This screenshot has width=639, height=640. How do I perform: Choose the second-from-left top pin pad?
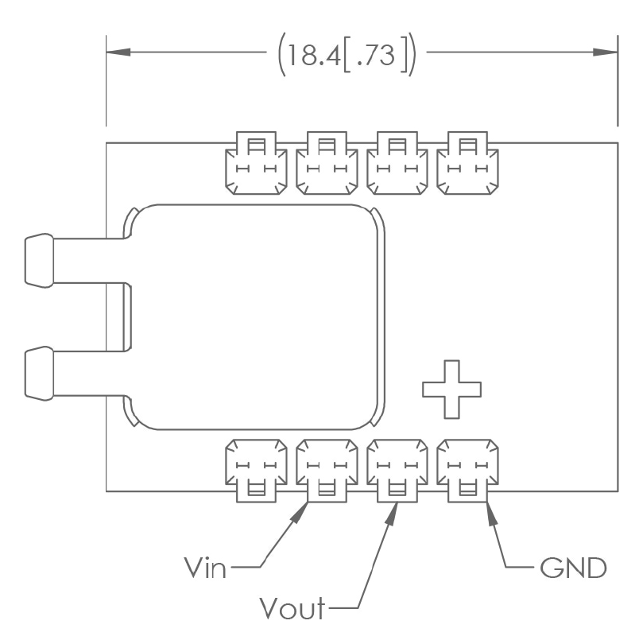(325, 165)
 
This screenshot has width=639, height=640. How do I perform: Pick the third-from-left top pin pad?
(396, 165)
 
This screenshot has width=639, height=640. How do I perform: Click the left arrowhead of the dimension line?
(118, 52)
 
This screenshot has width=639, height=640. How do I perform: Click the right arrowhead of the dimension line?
(606, 52)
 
